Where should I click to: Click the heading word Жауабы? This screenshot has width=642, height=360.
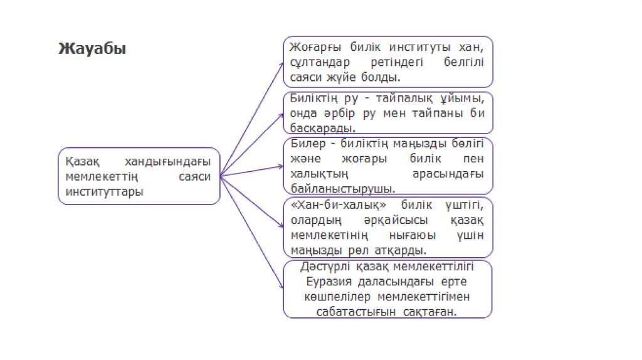pyautogui.click(x=92, y=49)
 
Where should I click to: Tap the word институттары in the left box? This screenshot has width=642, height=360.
pyautogui.click(x=104, y=192)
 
